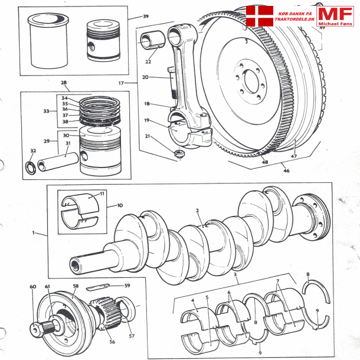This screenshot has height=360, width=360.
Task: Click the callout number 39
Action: [x=146, y=16]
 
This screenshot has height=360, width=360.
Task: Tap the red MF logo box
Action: [x=335, y=16]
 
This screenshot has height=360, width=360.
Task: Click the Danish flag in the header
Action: [x=260, y=16]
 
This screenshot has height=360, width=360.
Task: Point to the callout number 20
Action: [x=145, y=77]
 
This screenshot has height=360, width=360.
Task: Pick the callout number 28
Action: [x=64, y=83]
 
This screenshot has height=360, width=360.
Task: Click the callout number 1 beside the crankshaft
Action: [x=35, y=232]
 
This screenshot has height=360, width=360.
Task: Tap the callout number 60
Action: [x=33, y=287]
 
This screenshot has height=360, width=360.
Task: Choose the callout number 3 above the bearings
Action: [x=235, y=276]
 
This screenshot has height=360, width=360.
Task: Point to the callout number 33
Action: [x=47, y=110]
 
